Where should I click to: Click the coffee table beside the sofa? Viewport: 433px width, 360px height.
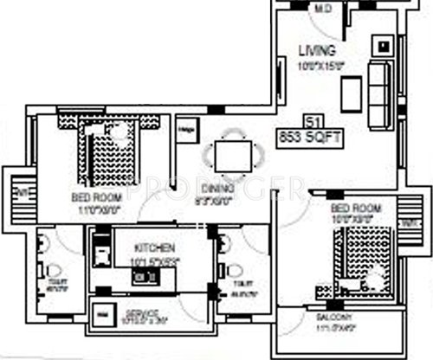(351, 91)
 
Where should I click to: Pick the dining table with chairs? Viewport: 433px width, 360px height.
(232, 156)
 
